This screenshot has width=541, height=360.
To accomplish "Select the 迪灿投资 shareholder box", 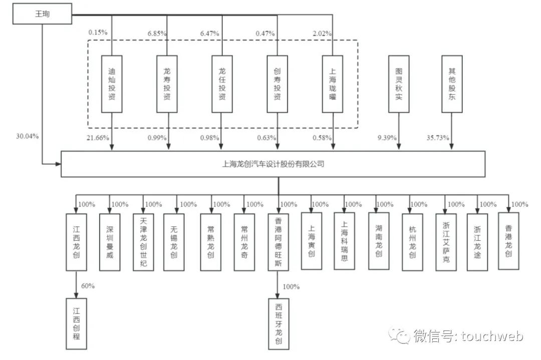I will [x=111, y=84].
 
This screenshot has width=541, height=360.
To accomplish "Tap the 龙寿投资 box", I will [x=167, y=84].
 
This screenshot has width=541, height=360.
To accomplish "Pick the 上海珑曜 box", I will [x=333, y=84].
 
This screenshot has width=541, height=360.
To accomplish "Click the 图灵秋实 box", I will [x=399, y=84].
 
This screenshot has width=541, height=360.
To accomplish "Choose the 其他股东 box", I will [x=451, y=84].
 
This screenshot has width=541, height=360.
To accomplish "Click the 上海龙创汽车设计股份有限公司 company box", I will [x=273, y=163].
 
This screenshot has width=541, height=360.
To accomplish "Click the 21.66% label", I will [x=98, y=138].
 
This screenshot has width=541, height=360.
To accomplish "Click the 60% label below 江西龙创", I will [x=88, y=286].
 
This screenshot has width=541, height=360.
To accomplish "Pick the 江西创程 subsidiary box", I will [x=76, y=323].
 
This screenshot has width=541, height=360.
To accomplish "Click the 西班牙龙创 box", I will [x=279, y=323].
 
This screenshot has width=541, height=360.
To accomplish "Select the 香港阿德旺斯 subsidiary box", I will [x=279, y=242].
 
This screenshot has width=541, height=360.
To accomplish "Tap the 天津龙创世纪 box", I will [x=144, y=242].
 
